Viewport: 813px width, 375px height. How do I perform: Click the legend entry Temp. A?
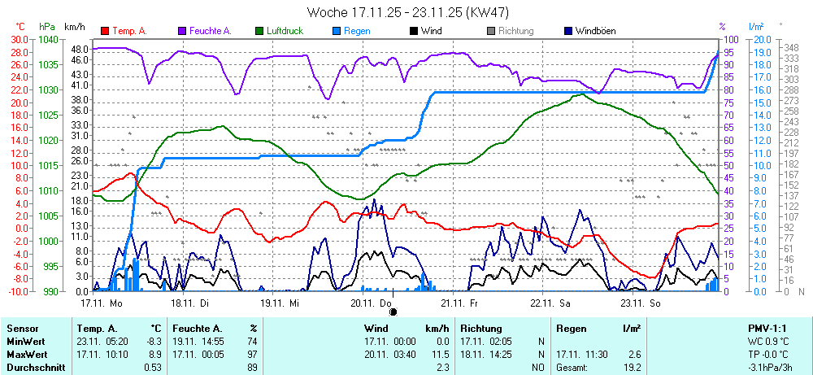click(x=129, y=31)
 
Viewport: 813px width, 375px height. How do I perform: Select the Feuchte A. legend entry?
click(x=211, y=31)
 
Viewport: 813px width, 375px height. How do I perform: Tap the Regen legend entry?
click(x=357, y=31)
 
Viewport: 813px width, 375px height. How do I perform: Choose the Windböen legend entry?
click(x=595, y=31)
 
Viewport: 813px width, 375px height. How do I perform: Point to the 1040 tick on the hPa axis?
click(x=48, y=39)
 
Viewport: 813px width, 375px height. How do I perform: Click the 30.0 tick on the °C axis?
click(x=19, y=39)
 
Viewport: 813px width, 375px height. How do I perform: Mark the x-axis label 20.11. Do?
click(x=371, y=303)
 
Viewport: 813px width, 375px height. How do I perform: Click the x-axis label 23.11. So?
click(x=640, y=303)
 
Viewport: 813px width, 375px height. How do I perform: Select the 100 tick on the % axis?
click(x=730, y=39)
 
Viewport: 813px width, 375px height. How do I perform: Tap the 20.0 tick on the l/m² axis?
click(x=763, y=39)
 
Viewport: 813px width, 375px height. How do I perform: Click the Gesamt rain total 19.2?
click(x=632, y=368)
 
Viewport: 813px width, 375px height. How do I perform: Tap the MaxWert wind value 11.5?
click(x=440, y=355)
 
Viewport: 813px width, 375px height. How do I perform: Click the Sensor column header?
click(x=23, y=329)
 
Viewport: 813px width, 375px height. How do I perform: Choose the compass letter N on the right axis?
click(x=800, y=291)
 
